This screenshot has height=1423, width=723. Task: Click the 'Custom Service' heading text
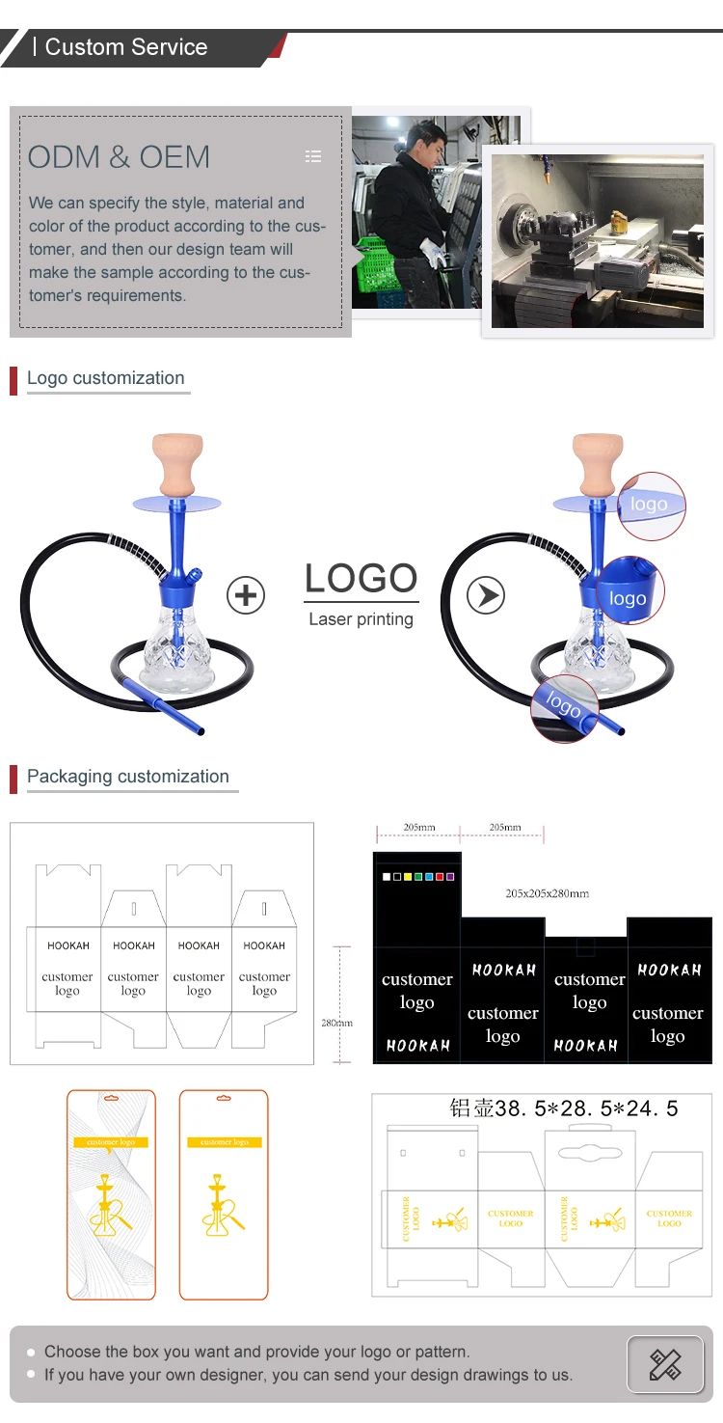click(x=126, y=47)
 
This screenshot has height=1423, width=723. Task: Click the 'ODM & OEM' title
click(x=119, y=157)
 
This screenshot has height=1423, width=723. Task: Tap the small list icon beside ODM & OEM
click(x=312, y=156)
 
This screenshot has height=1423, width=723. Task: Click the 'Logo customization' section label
click(x=105, y=378)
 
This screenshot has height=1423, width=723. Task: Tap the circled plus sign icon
click(x=246, y=595)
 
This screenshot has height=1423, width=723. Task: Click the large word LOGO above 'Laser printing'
click(x=361, y=579)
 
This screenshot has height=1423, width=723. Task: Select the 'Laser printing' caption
click(x=361, y=619)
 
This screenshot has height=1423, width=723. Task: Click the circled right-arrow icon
click(x=486, y=595)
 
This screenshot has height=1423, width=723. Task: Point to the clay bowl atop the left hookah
click(x=179, y=461)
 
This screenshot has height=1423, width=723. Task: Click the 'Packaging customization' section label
click(x=128, y=777)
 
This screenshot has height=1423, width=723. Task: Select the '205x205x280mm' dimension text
click(x=547, y=893)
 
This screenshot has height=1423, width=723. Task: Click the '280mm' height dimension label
click(x=337, y=1023)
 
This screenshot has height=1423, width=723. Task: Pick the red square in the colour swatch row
click(x=440, y=877)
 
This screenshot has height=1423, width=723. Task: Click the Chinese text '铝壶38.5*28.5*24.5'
click(x=564, y=1108)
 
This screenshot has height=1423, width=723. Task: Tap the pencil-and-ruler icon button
click(x=665, y=1364)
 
